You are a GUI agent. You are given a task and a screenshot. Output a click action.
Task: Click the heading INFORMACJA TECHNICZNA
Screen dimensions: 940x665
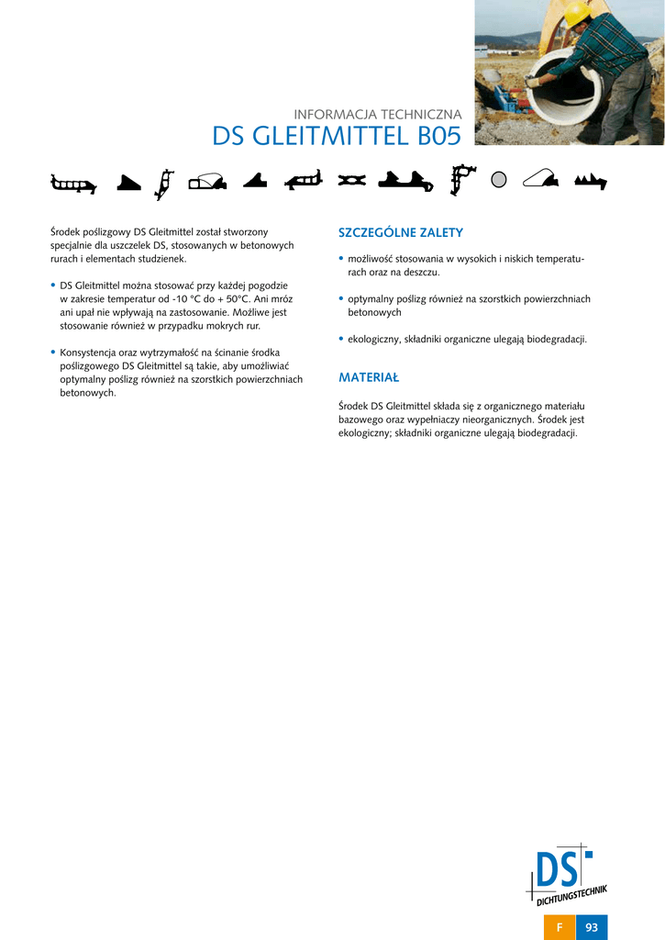[377, 115]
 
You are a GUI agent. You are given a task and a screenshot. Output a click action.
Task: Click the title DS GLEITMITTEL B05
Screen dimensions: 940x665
[337, 137]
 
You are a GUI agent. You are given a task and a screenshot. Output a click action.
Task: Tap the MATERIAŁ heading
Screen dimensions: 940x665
[369, 377]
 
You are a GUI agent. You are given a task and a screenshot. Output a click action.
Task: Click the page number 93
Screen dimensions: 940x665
[592, 927]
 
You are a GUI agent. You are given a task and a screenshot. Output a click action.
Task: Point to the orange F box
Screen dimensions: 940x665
[560, 927]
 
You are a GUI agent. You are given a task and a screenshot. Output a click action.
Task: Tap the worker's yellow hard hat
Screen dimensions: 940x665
[575, 13]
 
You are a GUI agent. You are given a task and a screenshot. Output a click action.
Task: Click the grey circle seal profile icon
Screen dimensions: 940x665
[499, 180]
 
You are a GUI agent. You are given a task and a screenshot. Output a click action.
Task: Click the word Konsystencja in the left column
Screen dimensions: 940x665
[88, 352]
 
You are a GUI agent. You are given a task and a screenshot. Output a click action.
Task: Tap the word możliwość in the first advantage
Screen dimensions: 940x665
[371, 260]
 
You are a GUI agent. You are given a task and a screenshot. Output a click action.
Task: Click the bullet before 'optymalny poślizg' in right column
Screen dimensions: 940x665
[341, 299]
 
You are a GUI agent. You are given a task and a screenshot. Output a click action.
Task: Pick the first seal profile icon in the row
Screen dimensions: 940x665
[74, 184]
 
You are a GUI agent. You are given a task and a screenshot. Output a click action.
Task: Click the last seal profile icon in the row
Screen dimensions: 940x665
[592, 181]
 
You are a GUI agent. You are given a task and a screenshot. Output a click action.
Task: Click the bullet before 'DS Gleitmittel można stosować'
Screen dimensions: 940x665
[53, 286]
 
